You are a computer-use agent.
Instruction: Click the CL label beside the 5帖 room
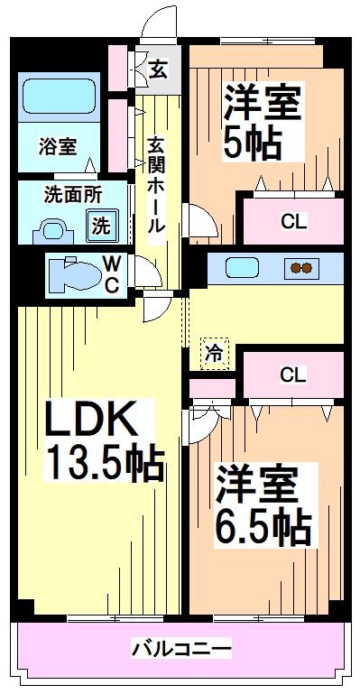[291, 219]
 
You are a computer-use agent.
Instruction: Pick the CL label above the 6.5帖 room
[291, 373]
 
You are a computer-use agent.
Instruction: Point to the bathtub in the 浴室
[58, 97]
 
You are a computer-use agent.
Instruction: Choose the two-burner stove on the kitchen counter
[300, 268]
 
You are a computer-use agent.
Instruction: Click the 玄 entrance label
[158, 68]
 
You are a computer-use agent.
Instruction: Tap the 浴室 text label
[55, 146]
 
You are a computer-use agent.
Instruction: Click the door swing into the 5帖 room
[198, 219]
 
